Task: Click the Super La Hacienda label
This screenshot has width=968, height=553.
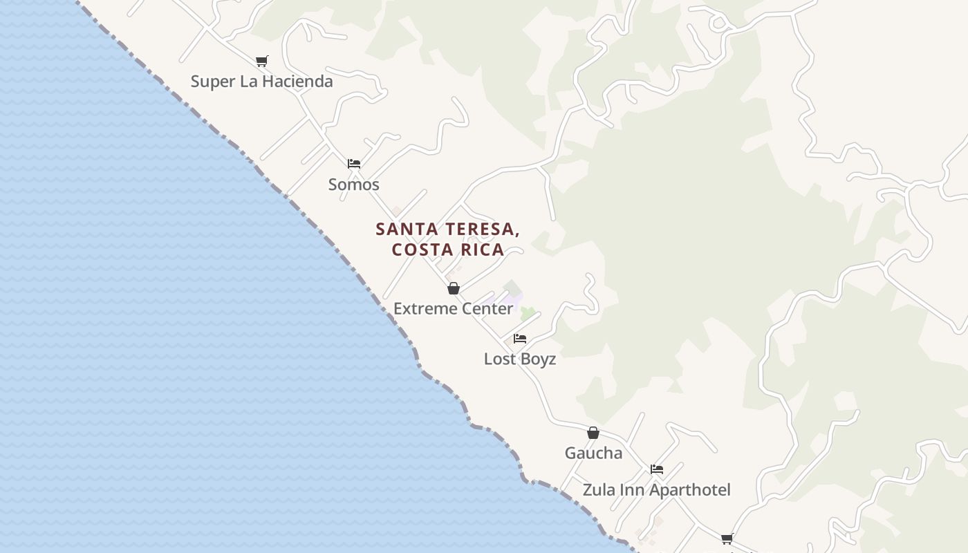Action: [x=261, y=82]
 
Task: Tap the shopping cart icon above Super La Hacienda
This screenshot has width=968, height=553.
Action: [x=261, y=62]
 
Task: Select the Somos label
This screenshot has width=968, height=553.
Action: [x=353, y=185]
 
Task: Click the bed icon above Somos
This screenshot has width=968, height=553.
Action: [x=354, y=164]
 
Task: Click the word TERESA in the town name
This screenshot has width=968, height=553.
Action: [x=482, y=229]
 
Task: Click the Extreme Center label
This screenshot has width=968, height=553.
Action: [x=453, y=308]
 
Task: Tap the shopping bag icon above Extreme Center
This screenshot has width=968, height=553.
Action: [x=454, y=288]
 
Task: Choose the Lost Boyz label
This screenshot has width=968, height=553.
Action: [x=519, y=359]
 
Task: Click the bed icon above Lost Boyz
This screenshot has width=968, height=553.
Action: [x=520, y=339]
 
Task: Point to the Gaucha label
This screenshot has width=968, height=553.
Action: [x=593, y=453]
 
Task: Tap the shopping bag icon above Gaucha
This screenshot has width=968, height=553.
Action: [x=593, y=433]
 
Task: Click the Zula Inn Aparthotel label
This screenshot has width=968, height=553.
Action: [x=656, y=490]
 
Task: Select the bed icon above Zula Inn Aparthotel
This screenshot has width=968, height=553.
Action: [x=657, y=469]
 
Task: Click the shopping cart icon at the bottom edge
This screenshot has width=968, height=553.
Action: [x=727, y=538]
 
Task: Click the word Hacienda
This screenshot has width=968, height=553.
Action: [x=296, y=82]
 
